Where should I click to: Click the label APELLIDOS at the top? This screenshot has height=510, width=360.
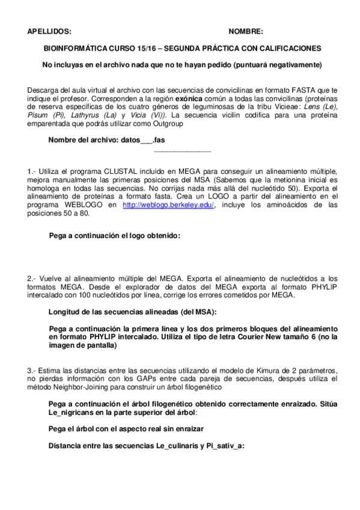tap(49, 32)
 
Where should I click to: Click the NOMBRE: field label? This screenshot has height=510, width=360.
tap(246, 32)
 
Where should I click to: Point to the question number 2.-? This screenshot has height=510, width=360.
tap(32, 278)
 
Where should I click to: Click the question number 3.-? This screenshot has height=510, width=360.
tap(32, 369)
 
